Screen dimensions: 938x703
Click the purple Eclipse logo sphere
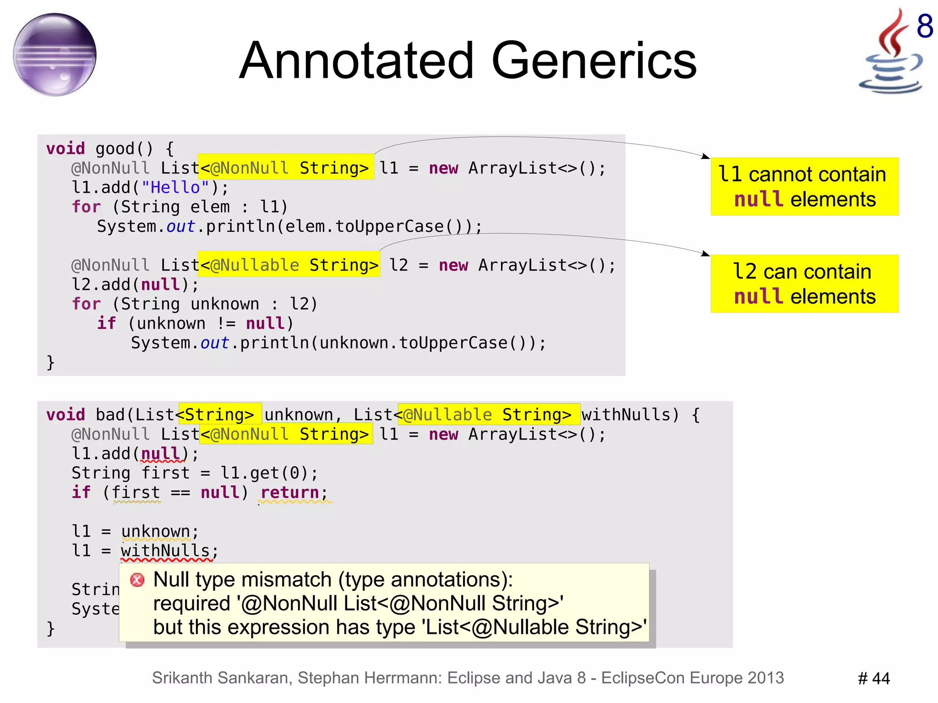(55, 54)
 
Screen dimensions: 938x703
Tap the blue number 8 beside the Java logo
(925, 26)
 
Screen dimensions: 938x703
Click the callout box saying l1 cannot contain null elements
(804, 186)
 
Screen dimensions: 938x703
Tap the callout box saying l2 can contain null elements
(804, 283)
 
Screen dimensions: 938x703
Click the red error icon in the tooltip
(137, 580)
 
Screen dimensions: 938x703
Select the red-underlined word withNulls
(165, 551)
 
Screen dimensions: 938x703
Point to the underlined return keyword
(289, 493)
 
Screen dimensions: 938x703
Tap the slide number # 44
(873, 678)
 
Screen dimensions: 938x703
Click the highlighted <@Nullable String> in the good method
(289, 265)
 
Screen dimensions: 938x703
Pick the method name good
(115, 149)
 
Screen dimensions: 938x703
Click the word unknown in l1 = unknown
(155, 531)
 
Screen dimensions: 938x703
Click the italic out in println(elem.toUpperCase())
(180, 226)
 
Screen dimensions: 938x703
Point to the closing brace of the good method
(50, 362)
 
